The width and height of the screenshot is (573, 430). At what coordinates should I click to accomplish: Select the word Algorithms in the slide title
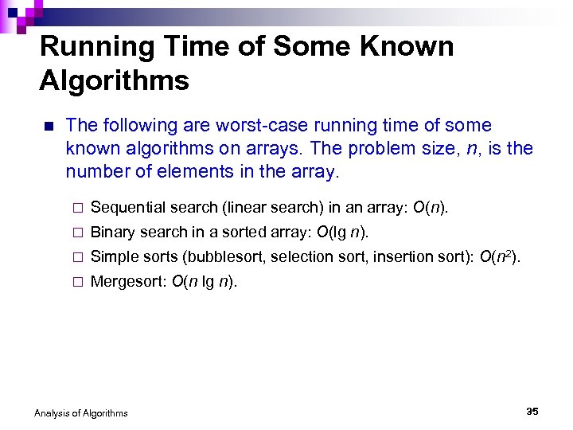point(115,80)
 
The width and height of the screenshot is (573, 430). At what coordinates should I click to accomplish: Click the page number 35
point(532,411)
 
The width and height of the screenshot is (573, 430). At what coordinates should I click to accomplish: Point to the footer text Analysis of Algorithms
point(80,412)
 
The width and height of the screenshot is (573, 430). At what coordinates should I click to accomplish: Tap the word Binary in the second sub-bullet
point(112,233)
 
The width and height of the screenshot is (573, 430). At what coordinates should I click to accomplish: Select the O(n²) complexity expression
point(501,256)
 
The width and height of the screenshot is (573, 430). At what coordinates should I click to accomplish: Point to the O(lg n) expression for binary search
point(342,233)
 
